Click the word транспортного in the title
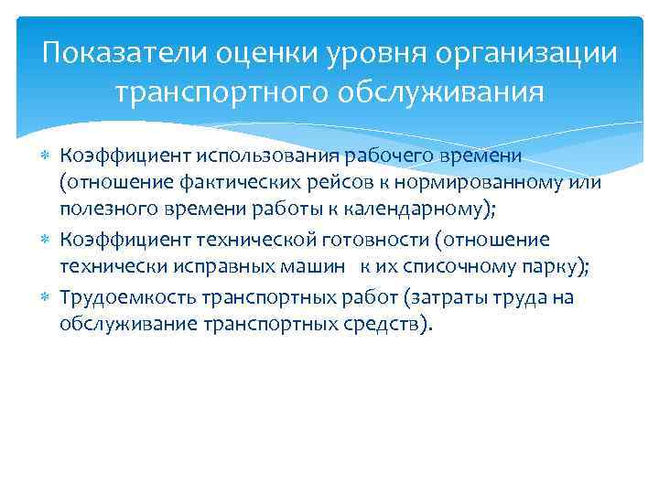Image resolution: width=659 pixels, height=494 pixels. pos(225,93)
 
